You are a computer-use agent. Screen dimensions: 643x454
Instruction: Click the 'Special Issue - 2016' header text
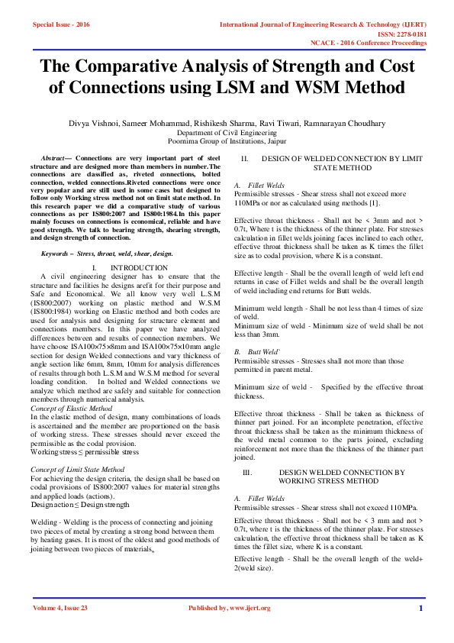click(61, 24)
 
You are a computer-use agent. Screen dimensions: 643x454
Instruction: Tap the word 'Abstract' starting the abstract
click(53, 156)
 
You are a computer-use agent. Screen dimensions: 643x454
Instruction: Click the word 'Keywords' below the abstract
click(57, 253)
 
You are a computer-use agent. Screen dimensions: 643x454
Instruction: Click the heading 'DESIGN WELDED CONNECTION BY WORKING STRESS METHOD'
click(342, 477)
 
